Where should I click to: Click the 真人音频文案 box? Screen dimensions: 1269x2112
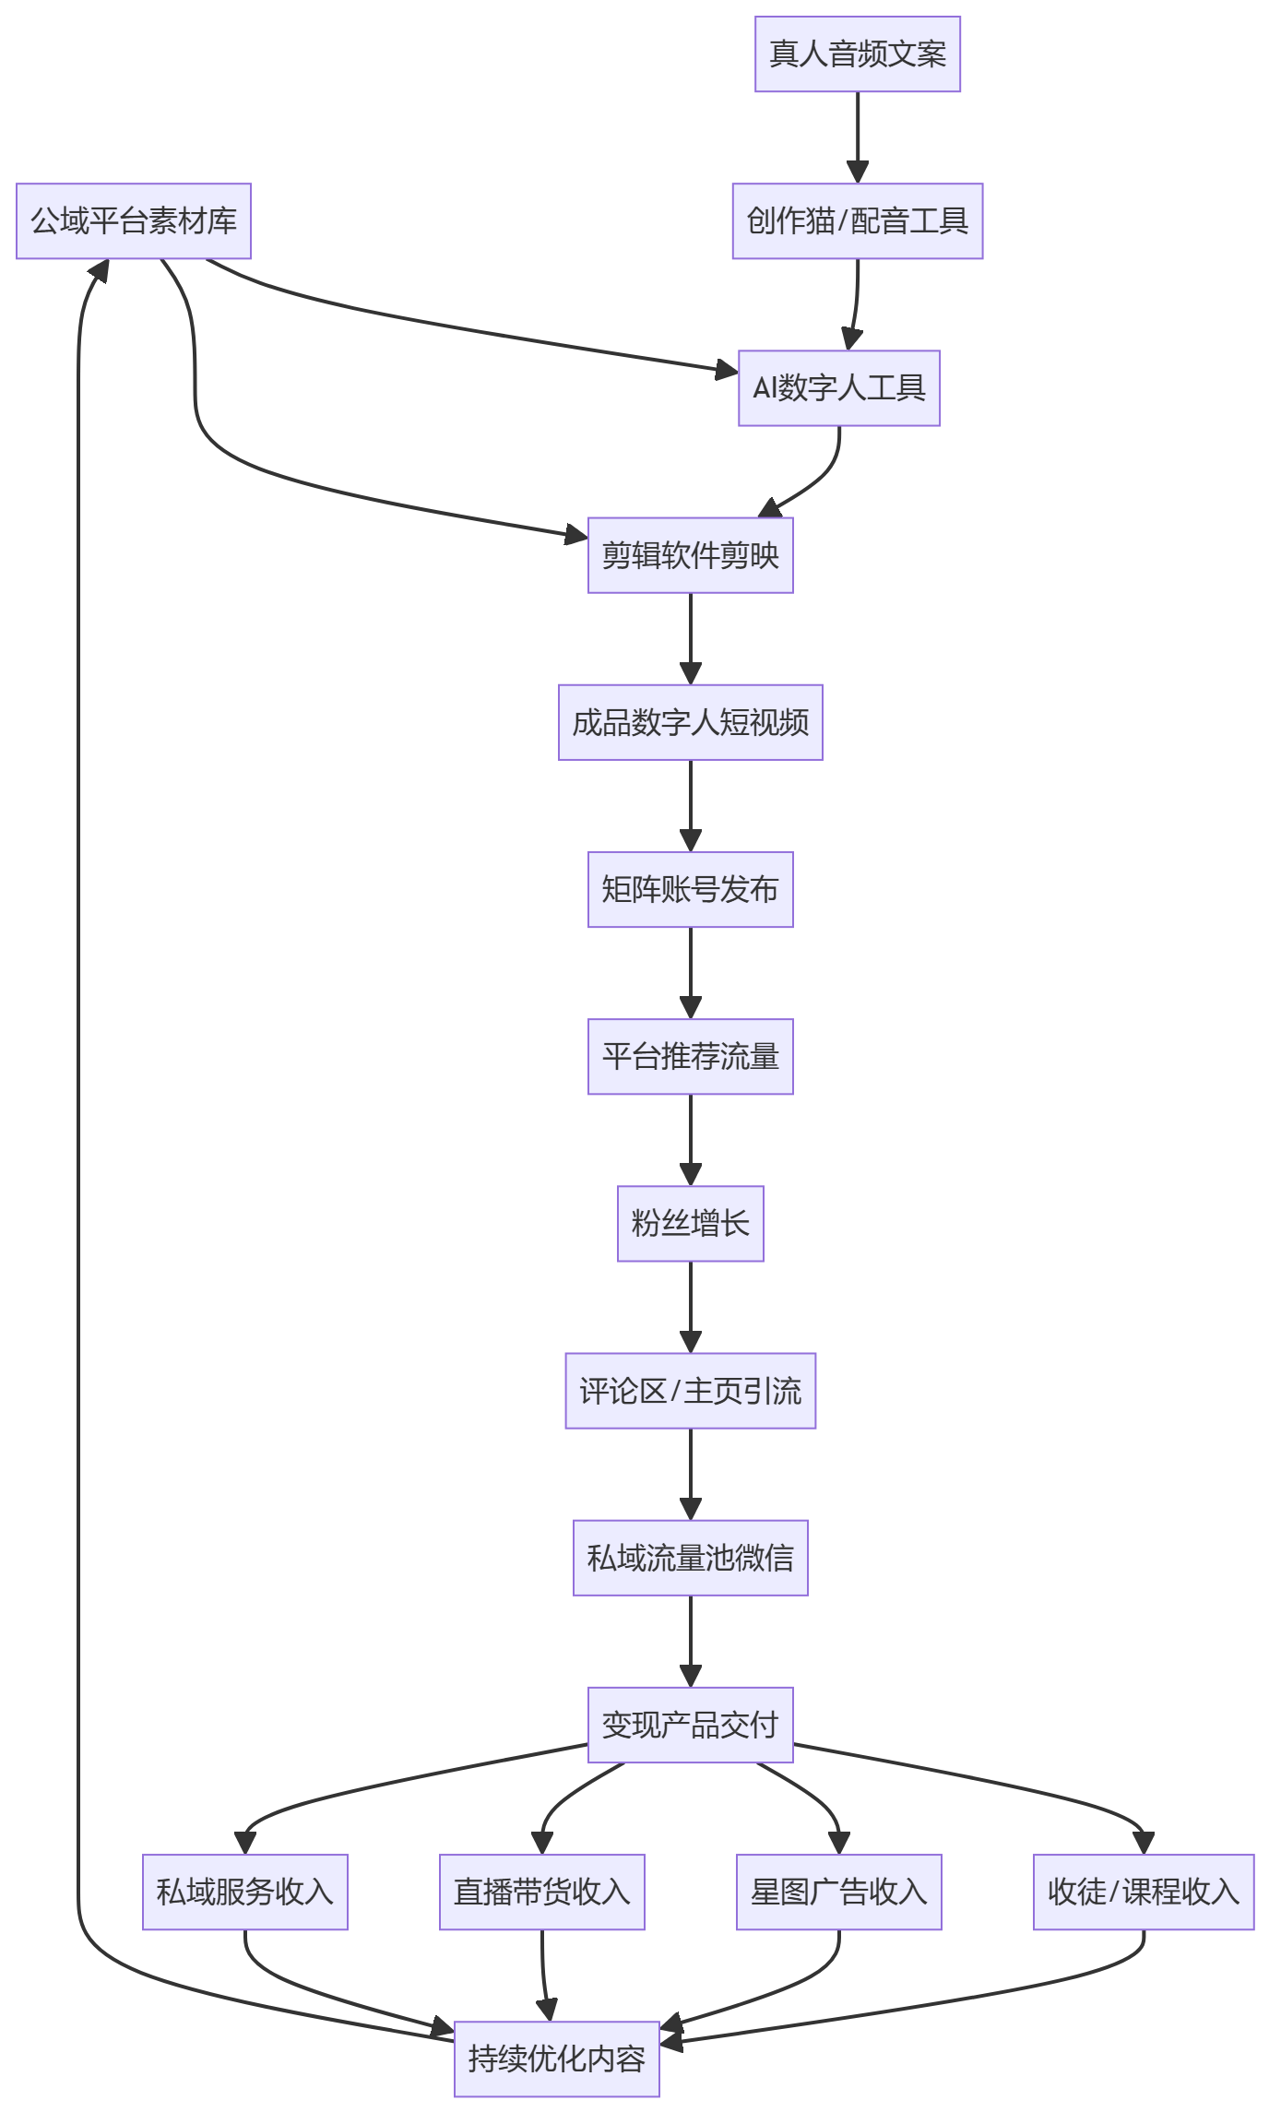858,54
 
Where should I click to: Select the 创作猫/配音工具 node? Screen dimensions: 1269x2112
858,221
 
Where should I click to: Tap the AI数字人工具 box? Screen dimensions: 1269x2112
839,388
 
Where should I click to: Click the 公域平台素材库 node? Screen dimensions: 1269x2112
134,221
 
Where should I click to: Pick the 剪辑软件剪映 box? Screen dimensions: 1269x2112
691,555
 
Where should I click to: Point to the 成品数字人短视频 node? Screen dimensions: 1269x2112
691,722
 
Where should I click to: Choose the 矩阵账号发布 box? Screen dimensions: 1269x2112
691,889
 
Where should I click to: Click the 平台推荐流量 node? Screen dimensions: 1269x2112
691,1057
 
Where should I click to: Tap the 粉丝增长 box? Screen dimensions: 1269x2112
691,1224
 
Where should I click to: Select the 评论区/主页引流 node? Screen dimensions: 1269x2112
691,1391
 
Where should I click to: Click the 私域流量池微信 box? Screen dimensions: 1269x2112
691,1558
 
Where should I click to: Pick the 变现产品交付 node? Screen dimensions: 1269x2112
691,1725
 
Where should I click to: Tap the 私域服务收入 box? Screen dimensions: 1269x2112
245,1892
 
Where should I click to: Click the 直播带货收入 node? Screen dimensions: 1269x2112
542,1892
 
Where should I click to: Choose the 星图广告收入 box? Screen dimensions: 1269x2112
839,1892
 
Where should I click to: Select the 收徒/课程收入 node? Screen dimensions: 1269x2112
1144,1892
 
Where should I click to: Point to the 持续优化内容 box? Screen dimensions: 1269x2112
557,2059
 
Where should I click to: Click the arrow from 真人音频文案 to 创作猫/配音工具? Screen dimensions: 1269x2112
858,137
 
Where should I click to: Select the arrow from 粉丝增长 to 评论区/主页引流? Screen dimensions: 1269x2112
691,1307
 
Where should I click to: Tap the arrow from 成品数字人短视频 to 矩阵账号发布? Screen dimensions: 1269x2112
691,806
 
